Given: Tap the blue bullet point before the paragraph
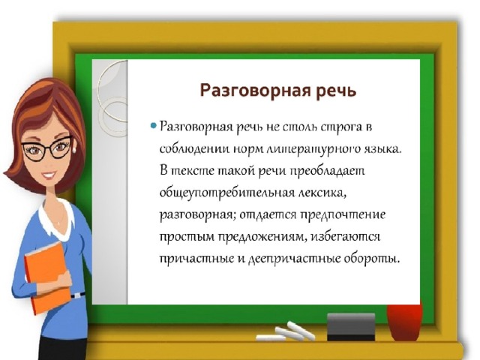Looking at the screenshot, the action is [154, 125].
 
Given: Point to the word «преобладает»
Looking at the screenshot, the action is [327, 171].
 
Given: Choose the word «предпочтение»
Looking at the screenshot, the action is [343, 215].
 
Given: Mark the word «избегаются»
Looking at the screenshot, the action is [346, 237].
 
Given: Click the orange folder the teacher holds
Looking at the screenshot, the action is [46, 277].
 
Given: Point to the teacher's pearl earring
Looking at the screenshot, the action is [74, 149].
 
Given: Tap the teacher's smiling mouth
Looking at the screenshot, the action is [50, 175].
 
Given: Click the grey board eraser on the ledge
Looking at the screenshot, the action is [351, 327].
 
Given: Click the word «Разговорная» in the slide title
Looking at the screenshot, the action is [255, 91].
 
